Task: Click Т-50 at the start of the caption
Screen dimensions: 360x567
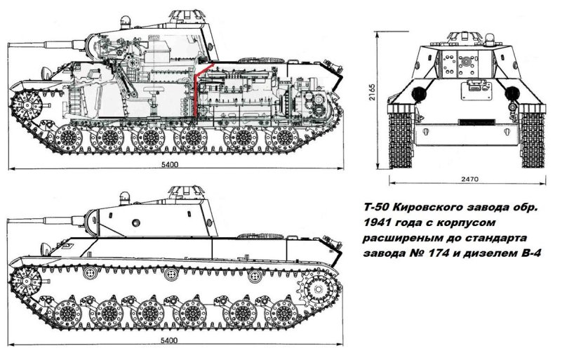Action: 373,208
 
